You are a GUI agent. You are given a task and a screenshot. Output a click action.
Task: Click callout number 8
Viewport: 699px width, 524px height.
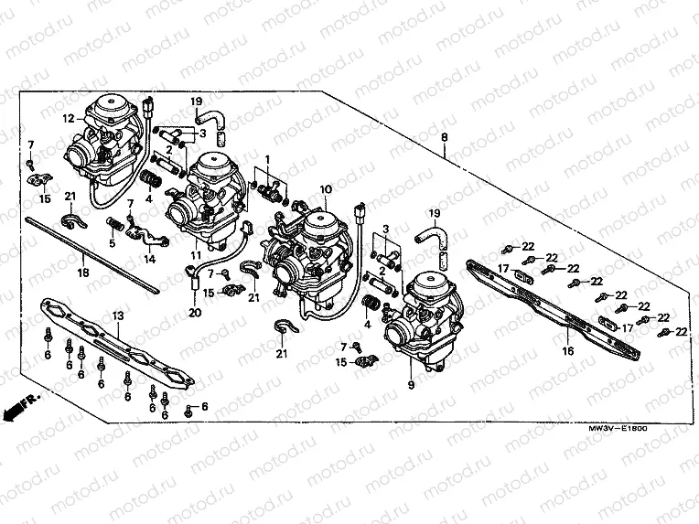click(445, 136)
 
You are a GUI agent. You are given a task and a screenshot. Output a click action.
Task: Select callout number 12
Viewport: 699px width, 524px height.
click(68, 118)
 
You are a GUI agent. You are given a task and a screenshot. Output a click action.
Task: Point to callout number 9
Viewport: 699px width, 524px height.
click(411, 385)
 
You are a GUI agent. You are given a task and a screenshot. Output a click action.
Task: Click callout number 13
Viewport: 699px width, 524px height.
click(117, 315)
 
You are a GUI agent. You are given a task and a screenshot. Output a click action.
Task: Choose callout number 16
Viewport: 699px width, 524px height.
click(567, 350)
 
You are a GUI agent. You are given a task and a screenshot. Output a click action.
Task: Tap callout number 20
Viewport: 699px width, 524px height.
click(194, 313)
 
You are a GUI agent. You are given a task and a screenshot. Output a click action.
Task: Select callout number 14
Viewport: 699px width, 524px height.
click(149, 259)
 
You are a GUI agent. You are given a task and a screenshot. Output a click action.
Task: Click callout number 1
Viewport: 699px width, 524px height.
click(267, 159)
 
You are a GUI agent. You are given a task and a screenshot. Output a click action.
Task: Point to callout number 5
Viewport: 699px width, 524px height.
click(113, 243)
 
